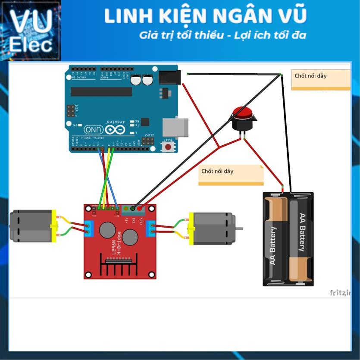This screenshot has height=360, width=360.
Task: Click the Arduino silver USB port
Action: (175, 127)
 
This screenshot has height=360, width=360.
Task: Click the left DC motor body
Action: (31, 226)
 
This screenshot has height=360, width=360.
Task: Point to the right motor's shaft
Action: (239, 228)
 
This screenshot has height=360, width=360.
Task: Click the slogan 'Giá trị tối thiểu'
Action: (181, 35)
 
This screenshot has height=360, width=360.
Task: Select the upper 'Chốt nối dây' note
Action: (321, 79)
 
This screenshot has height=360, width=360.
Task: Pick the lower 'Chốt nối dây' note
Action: (231, 174)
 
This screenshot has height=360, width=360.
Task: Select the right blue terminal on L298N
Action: (151, 228)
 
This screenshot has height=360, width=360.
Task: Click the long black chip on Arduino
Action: (101, 91)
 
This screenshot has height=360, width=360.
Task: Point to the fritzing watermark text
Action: (340, 293)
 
